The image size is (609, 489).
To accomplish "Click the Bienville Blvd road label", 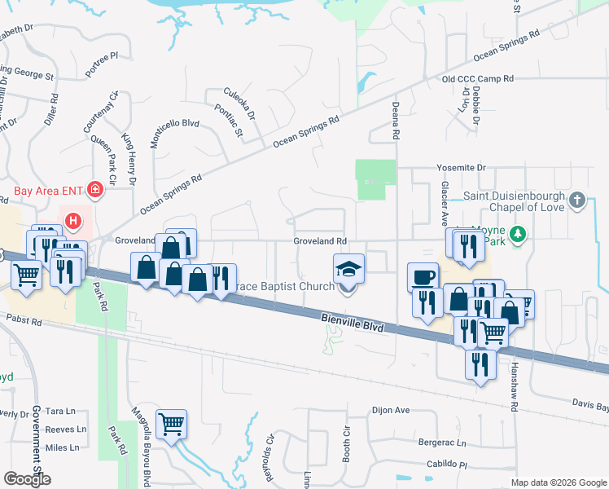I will coord(352,322).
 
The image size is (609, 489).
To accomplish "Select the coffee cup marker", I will coord(423,278).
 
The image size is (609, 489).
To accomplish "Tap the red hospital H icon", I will coord(73,220).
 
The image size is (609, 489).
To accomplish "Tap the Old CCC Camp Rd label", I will coord(478,79).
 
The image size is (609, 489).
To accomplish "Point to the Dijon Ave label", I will coord(390,410).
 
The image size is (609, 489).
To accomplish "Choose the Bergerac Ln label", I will coord(440,444).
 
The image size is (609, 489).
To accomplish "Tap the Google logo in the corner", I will coord(27,479).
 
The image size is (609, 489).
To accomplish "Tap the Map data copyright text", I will coord(558,482).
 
